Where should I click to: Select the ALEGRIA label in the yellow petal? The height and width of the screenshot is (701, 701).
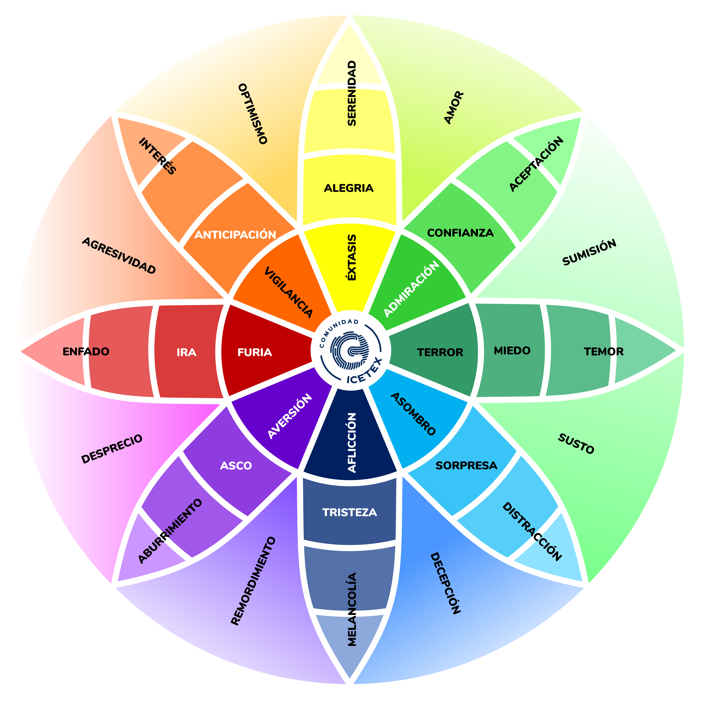[x=349, y=188]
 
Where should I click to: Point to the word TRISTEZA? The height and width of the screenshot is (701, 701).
[x=349, y=512]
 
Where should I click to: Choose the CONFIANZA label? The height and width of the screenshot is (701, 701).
[x=460, y=233]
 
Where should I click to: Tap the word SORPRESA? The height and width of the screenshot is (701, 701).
[x=466, y=465]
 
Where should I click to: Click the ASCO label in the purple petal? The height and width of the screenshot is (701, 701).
[x=236, y=465]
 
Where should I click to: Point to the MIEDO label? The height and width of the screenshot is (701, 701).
[x=512, y=350]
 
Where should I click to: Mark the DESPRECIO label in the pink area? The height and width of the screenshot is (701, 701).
[x=112, y=449]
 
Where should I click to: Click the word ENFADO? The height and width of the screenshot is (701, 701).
[x=86, y=352]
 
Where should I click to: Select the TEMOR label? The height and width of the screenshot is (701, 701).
[x=604, y=352]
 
